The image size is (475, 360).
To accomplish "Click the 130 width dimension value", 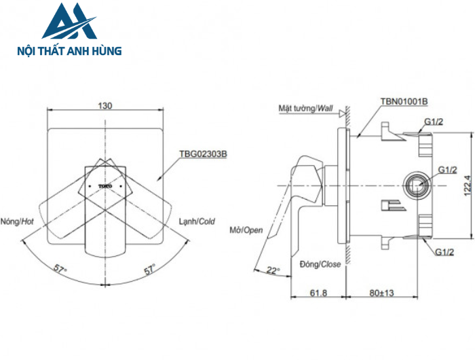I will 104,105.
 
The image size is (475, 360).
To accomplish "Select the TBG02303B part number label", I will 203,154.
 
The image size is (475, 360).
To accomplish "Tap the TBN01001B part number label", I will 404,101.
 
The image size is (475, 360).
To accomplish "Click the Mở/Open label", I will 246,230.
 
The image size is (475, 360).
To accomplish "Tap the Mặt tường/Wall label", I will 306,107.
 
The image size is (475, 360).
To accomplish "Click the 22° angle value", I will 273,270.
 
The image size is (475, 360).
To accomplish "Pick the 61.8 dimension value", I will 318,292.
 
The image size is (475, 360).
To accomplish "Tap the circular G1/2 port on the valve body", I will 415,185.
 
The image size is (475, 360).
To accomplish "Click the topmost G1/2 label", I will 434,122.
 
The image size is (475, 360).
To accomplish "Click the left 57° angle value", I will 61,270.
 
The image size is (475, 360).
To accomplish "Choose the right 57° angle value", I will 149,270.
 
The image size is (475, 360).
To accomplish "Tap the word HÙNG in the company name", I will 104,50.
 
